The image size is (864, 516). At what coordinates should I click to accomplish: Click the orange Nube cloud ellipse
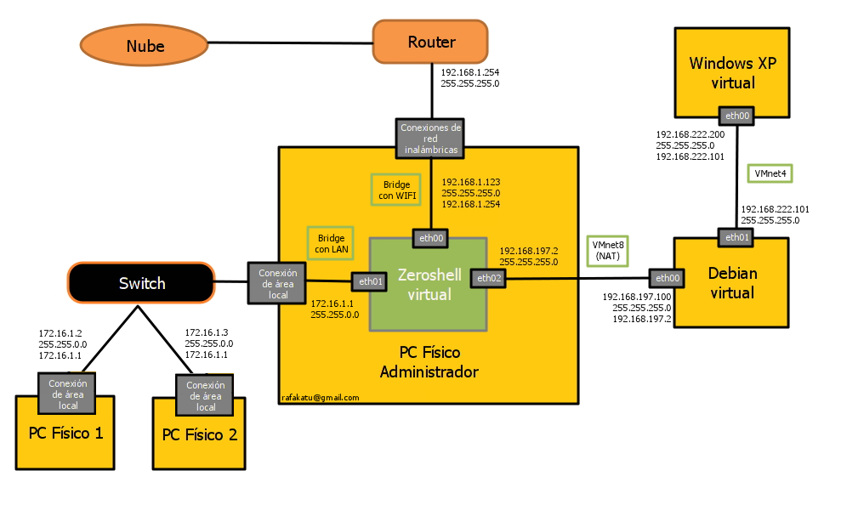point(145,46)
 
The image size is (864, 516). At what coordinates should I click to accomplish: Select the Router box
point(430,42)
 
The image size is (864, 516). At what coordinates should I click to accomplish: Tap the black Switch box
point(141,283)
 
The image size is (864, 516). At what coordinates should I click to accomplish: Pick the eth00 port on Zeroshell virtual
point(431,239)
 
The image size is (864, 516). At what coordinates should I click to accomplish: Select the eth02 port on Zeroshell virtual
point(489,278)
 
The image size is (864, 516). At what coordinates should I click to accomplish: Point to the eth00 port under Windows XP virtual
point(736,116)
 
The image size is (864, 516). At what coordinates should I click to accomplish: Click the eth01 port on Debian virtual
point(736,237)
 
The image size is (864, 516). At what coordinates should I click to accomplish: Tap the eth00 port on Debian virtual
point(668,278)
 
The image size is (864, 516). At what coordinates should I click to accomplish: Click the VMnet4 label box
point(770,173)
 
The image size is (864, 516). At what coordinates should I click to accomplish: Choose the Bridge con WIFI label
point(395,190)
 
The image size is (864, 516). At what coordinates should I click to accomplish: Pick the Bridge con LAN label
point(331,243)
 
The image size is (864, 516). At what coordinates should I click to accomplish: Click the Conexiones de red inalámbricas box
point(430,139)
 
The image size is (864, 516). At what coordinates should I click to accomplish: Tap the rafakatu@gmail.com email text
point(321,397)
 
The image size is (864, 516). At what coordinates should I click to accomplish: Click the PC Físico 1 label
point(65,433)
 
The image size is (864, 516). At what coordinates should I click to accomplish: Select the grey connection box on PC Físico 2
point(204,396)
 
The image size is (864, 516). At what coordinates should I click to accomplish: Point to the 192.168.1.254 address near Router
point(469,73)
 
